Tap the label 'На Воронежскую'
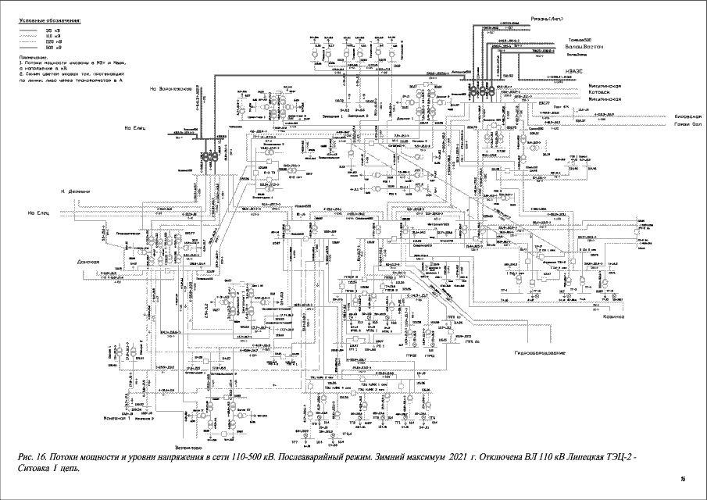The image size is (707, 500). (171, 88)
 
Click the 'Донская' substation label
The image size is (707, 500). (90, 262)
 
